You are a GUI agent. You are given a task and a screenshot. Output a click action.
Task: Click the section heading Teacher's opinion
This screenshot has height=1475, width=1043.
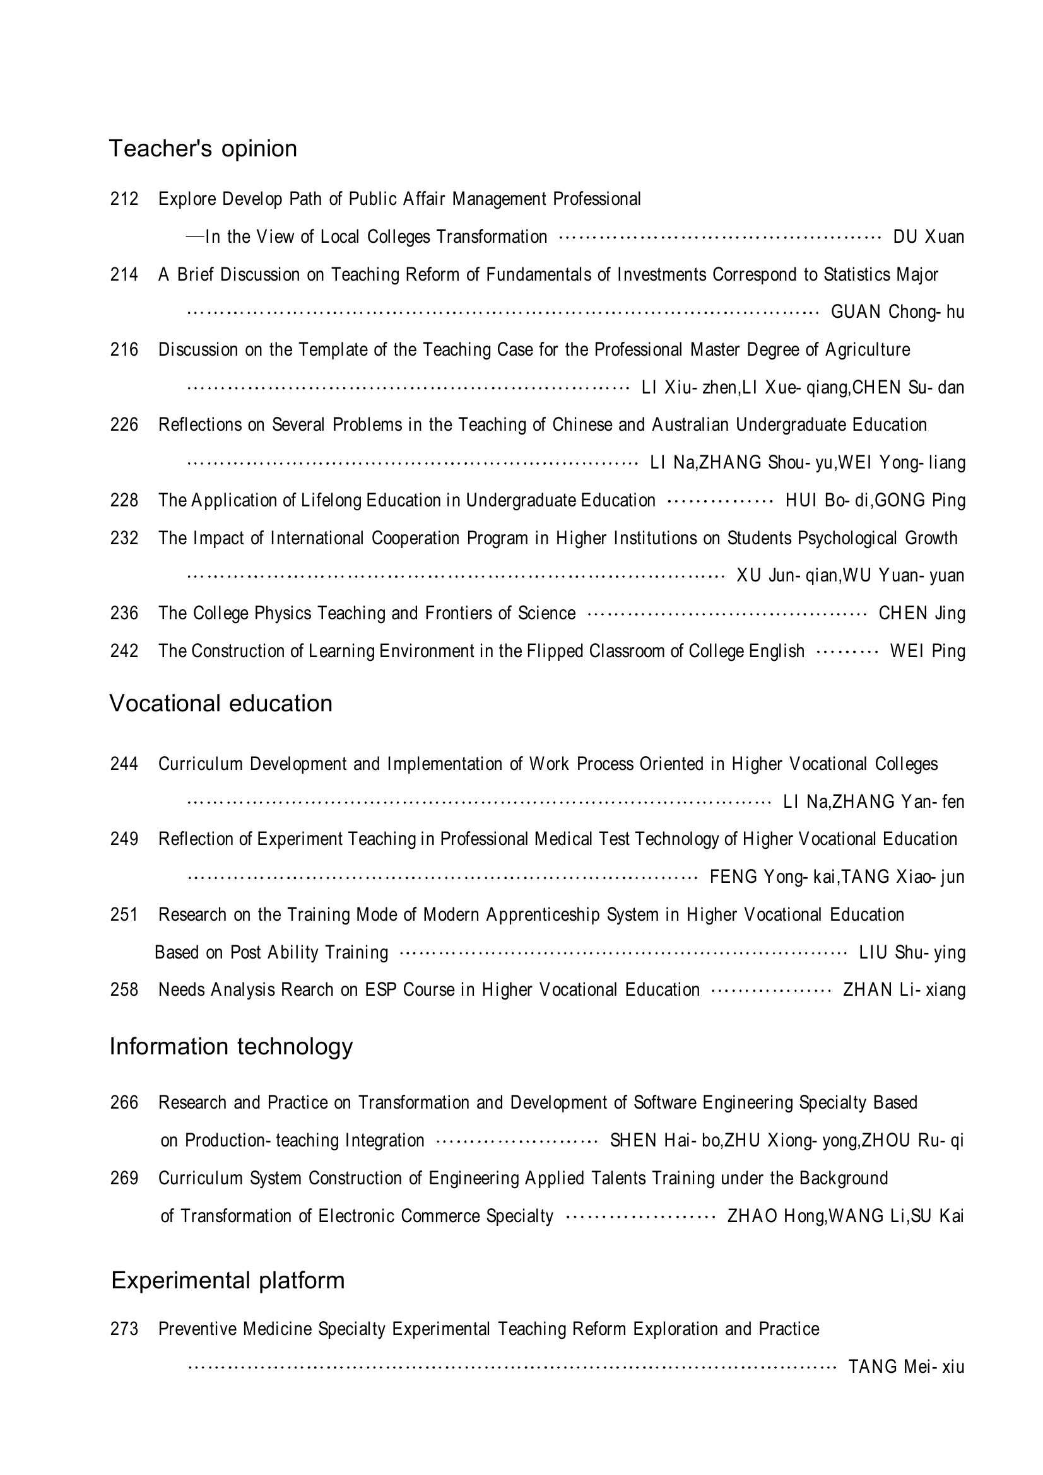tap(203, 148)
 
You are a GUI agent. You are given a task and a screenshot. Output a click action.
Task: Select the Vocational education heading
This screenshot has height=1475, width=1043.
tap(220, 704)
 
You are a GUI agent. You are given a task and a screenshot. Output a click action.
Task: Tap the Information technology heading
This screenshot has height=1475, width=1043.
tap(231, 1047)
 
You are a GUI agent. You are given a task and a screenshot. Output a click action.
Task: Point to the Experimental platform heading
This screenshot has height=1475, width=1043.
tap(228, 1280)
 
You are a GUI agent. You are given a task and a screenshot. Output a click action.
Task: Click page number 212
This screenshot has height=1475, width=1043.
tap(124, 199)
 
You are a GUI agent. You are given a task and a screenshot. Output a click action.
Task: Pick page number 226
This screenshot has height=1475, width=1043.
tap(124, 424)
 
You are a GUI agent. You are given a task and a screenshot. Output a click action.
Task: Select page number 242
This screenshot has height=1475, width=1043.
tap(124, 651)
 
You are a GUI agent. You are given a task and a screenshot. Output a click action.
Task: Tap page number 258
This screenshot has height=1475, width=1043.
tap(124, 989)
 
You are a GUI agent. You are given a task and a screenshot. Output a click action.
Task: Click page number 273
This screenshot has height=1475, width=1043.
tap(124, 1329)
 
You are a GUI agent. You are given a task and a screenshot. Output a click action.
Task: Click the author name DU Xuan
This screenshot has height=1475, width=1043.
tap(929, 237)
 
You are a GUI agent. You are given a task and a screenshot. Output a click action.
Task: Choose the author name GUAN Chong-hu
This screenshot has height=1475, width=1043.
tap(898, 312)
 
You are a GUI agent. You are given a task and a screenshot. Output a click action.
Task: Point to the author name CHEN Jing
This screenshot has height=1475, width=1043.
tap(922, 614)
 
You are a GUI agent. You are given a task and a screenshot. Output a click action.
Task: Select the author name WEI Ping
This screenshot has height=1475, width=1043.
tap(928, 651)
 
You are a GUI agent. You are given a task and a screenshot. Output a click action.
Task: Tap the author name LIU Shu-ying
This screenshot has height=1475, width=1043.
tap(912, 953)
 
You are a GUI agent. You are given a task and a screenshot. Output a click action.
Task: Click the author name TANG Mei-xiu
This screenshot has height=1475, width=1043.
tap(906, 1367)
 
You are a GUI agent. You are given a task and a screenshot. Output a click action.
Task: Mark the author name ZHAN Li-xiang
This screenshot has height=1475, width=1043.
tap(904, 990)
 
